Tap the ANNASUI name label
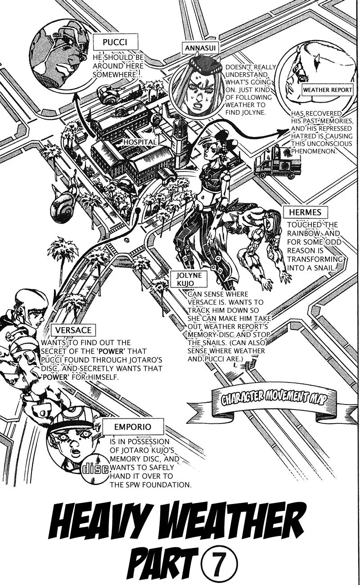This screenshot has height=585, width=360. tap(197, 47)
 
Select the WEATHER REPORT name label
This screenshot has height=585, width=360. tap(327, 90)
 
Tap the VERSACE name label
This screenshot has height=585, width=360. tap(73, 330)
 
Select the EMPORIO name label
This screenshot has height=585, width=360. tap(126, 426)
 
